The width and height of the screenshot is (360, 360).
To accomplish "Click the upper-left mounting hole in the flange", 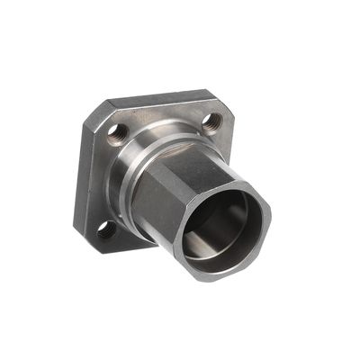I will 114,131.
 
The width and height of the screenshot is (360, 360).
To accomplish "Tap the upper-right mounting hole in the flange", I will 212,120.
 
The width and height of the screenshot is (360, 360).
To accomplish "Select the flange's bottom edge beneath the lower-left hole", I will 112,246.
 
